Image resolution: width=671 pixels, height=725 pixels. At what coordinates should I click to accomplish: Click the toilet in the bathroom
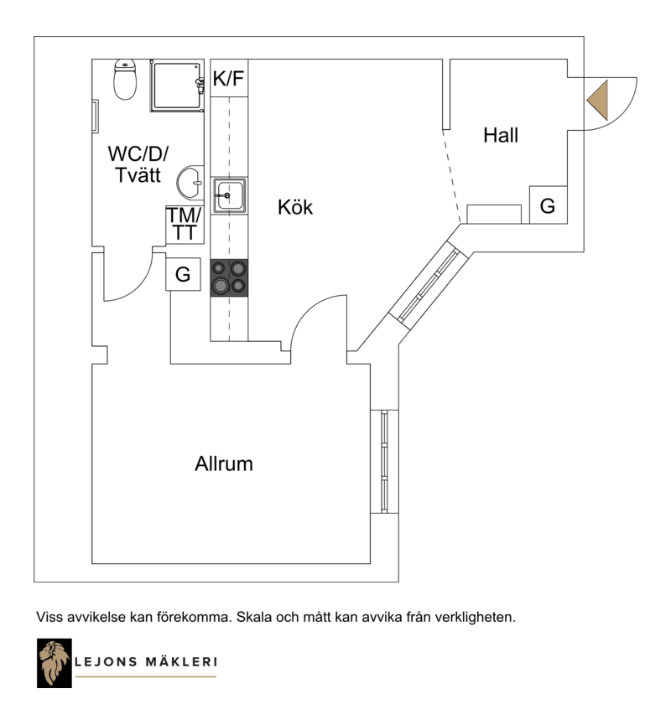tap(125, 79)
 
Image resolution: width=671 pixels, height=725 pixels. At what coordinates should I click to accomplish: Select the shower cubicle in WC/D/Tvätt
tap(177, 85)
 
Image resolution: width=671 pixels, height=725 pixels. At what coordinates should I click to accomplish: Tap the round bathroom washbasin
tap(190, 183)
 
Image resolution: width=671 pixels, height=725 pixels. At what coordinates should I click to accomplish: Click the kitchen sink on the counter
tap(229, 195)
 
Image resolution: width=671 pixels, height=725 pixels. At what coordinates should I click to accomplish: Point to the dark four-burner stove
tap(229, 277)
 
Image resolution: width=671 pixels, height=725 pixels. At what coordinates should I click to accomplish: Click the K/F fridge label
tap(229, 78)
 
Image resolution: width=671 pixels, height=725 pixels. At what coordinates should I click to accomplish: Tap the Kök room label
tap(295, 207)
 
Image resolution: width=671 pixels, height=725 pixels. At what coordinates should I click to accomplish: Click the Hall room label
tap(501, 136)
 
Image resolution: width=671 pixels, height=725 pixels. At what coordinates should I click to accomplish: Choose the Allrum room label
tap(224, 463)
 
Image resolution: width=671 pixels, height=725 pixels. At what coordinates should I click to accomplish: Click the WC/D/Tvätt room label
tap(138, 164)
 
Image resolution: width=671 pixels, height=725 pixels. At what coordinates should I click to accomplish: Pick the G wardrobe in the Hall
tap(548, 205)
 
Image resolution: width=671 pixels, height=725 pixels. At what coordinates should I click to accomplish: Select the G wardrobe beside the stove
tap(183, 274)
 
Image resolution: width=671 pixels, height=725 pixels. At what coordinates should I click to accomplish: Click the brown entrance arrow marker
tap(597, 101)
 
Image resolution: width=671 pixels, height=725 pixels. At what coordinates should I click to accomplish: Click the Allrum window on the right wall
tap(384, 461)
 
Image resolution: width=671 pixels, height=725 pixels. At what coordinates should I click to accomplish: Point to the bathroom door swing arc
tap(139, 285)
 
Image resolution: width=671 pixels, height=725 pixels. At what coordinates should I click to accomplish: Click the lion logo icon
tap(55, 663)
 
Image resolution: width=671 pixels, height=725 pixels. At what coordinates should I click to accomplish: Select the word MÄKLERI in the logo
tap(182, 661)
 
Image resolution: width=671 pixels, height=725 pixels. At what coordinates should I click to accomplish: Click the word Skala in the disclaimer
tap(254, 617)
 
